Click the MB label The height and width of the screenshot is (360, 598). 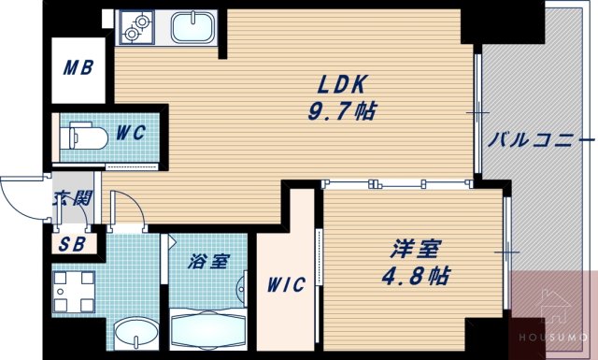(x=77, y=68)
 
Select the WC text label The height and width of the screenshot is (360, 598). (x=131, y=134)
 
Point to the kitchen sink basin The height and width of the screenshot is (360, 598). (x=193, y=28)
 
